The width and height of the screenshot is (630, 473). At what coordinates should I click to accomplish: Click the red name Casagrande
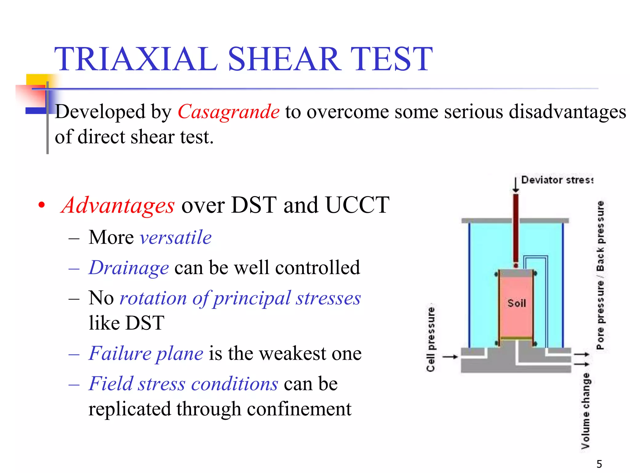click(229, 111)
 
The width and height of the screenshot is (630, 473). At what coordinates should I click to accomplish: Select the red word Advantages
click(118, 205)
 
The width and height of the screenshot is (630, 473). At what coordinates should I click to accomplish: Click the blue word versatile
click(176, 237)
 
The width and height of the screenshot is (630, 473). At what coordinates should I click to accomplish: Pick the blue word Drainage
click(129, 268)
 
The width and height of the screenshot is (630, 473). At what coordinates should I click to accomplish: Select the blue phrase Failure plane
click(146, 353)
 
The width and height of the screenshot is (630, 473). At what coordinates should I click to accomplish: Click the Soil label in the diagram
click(516, 303)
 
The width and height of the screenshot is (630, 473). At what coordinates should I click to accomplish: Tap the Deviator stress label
click(557, 180)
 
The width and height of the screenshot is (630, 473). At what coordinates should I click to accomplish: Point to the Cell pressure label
click(431, 339)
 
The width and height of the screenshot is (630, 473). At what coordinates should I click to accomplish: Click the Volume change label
click(586, 411)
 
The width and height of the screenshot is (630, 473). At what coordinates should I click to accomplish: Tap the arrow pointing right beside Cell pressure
click(450, 357)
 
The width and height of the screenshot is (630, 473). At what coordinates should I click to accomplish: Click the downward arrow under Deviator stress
click(516, 185)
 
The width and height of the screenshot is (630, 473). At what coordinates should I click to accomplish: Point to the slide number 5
click(599, 464)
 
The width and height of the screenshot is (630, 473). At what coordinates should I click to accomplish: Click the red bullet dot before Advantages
click(42, 205)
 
